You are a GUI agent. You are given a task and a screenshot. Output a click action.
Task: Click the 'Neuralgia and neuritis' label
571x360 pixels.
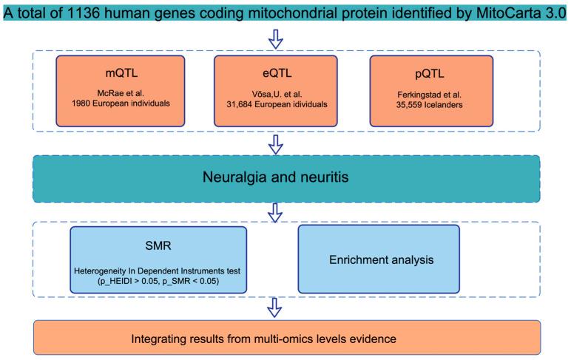pos(285,178)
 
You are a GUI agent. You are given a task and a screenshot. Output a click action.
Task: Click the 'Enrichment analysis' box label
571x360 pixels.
pos(378,260)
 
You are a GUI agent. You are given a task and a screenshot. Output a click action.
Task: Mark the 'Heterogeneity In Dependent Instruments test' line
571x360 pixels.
pos(157,271)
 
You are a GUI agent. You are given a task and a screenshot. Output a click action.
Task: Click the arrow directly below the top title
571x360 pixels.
pos(275,38)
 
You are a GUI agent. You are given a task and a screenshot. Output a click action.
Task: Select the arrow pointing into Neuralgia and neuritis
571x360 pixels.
pos(275,144)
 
